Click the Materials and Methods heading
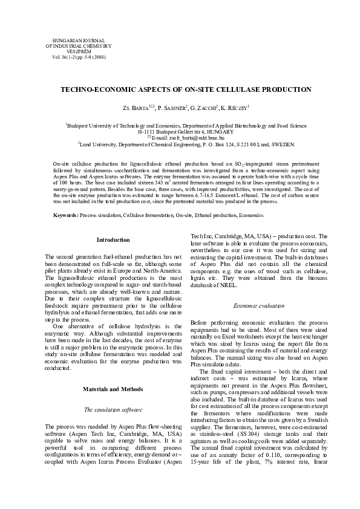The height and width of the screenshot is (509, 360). pos(113,372)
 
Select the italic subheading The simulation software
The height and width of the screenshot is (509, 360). pos(113,392)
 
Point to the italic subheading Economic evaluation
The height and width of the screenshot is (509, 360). pos(259,306)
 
